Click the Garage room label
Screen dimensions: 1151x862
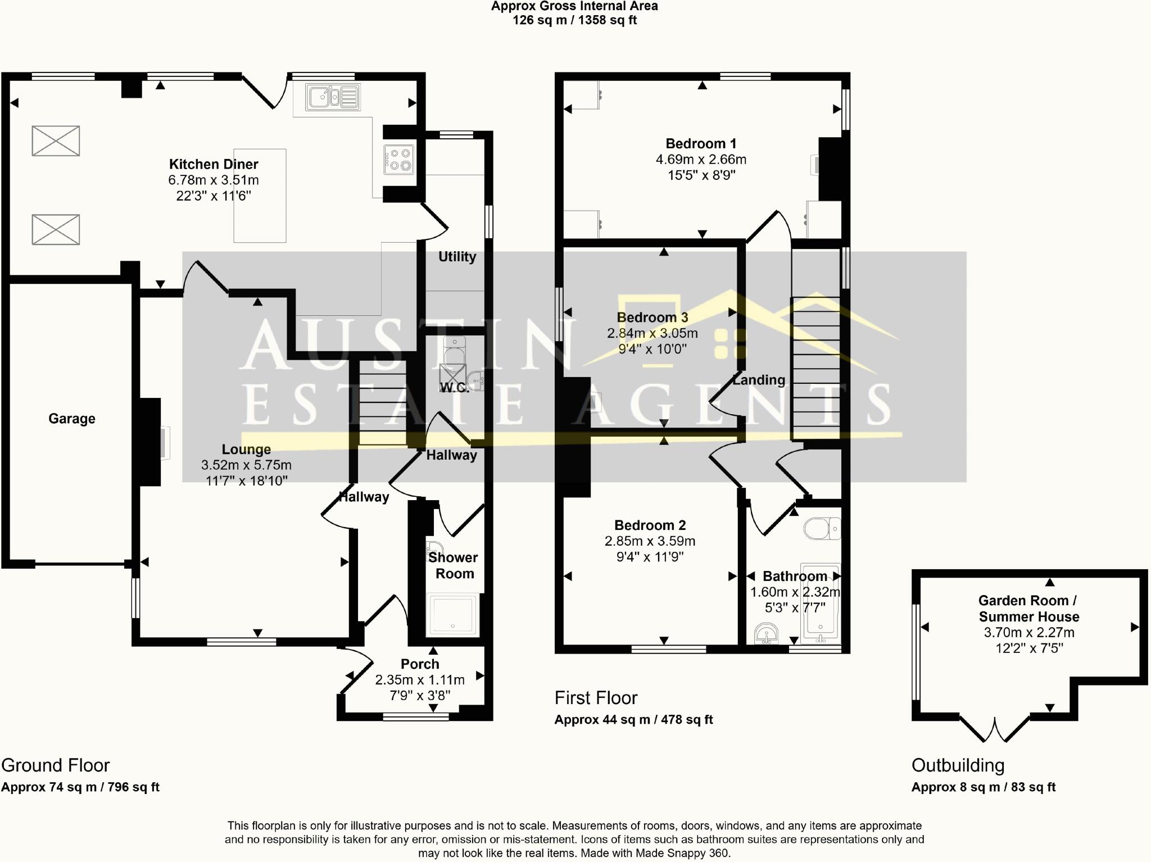pyautogui.click(x=72, y=419)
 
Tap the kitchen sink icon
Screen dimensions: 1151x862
pyautogui.click(x=333, y=97)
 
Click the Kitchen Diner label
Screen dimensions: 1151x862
pyautogui.click(x=214, y=164)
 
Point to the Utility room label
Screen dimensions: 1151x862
pyautogui.click(x=457, y=257)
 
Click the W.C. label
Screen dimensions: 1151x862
pyautogui.click(x=455, y=387)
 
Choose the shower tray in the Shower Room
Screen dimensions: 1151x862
pyautogui.click(x=453, y=615)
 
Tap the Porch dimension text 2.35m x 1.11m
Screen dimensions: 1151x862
pyautogui.click(x=420, y=680)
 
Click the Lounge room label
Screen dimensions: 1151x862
pyautogui.click(x=246, y=449)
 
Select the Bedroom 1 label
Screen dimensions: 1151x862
pyautogui.click(x=701, y=144)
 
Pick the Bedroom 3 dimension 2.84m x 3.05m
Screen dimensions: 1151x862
pyautogui.click(x=652, y=333)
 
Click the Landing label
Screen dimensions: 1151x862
pyautogui.click(x=759, y=380)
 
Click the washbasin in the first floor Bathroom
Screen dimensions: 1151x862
pyautogui.click(x=765, y=633)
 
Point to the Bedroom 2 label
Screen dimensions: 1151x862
pyautogui.click(x=650, y=525)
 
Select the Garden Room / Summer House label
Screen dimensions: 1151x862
pyautogui.click(x=1029, y=609)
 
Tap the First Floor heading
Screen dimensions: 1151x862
pyautogui.click(x=596, y=698)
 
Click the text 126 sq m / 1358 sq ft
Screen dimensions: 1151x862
pyautogui.click(x=574, y=20)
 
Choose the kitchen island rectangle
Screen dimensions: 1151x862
pyautogui.click(x=260, y=196)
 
